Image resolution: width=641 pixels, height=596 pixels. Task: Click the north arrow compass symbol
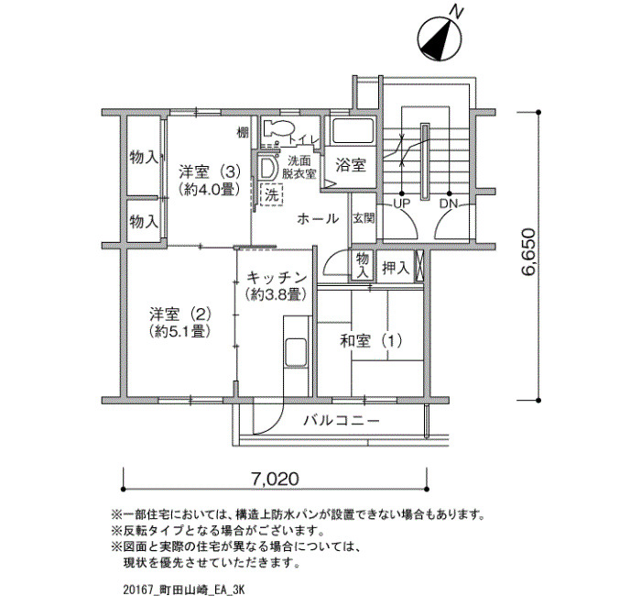pyautogui.click(x=440, y=39)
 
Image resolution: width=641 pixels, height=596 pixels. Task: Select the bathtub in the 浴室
pyautogui.click(x=352, y=131)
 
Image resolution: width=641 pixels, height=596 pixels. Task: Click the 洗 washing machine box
pyautogui.click(x=271, y=195)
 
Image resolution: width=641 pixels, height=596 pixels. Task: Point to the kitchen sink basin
pyautogui.click(x=295, y=353)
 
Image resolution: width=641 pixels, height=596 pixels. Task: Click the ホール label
pyautogui.click(x=318, y=218)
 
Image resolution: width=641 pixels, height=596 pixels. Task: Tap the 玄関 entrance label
pyautogui.click(x=364, y=218)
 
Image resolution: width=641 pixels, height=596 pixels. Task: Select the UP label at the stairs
pyautogui.click(x=401, y=203)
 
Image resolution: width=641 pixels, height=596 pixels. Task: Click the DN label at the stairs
pyautogui.click(x=449, y=203)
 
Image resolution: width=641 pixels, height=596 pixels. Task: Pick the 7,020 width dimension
pyautogui.click(x=275, y=478)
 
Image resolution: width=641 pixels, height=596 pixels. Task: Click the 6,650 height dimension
pyautogui.click(x=527, y=252)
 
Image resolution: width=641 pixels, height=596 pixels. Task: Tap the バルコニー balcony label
pyautogui.click(x=342, y=420)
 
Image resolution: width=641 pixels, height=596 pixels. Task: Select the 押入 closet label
pyautogui.click(x=396, y=268)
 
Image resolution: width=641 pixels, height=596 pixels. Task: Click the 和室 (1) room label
pyautogui.click(x=371, y=340)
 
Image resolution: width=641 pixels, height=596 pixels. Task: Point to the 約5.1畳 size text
pyautogui.click(x=179, y=331)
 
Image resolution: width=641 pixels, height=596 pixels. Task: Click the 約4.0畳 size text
pyautogui.click(x=209, y=189)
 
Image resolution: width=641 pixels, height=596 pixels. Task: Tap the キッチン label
pyautogui.click(x=276, y=278)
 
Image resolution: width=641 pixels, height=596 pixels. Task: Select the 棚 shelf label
pyautogui.click(x=243, y=132)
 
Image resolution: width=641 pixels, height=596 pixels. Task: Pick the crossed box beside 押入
pyautogui.click(x=419, y=265)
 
